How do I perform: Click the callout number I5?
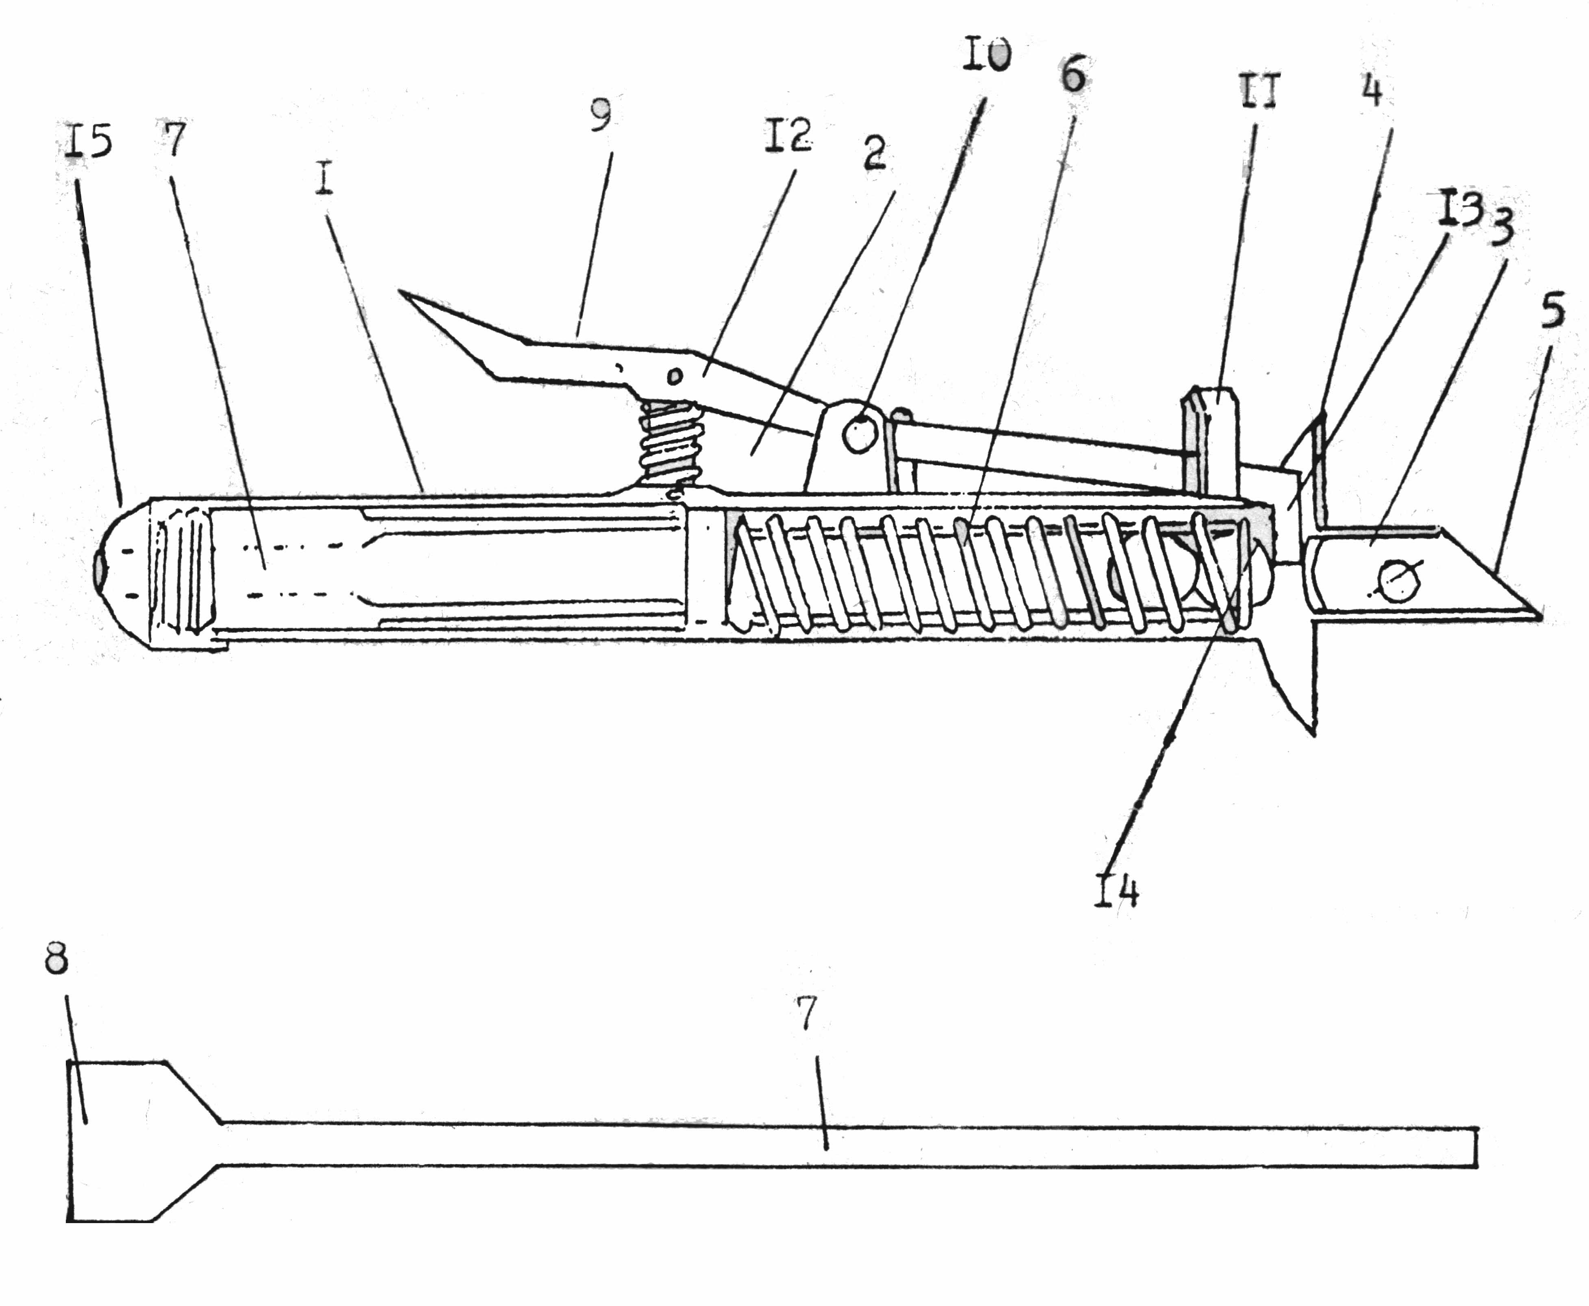click(88, 143)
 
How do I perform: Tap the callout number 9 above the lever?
click(600, 115)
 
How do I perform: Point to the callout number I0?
click(986, 55)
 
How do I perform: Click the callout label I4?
click(1116, 892)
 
